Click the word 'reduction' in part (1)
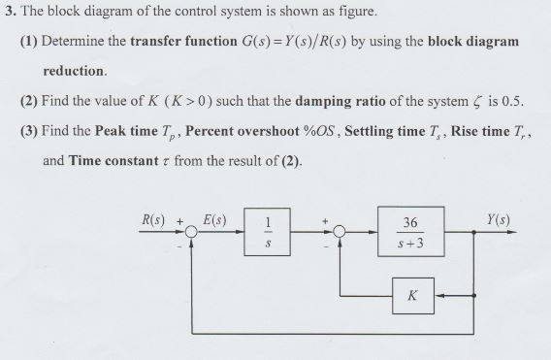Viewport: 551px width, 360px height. click(x=74, y=71)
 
